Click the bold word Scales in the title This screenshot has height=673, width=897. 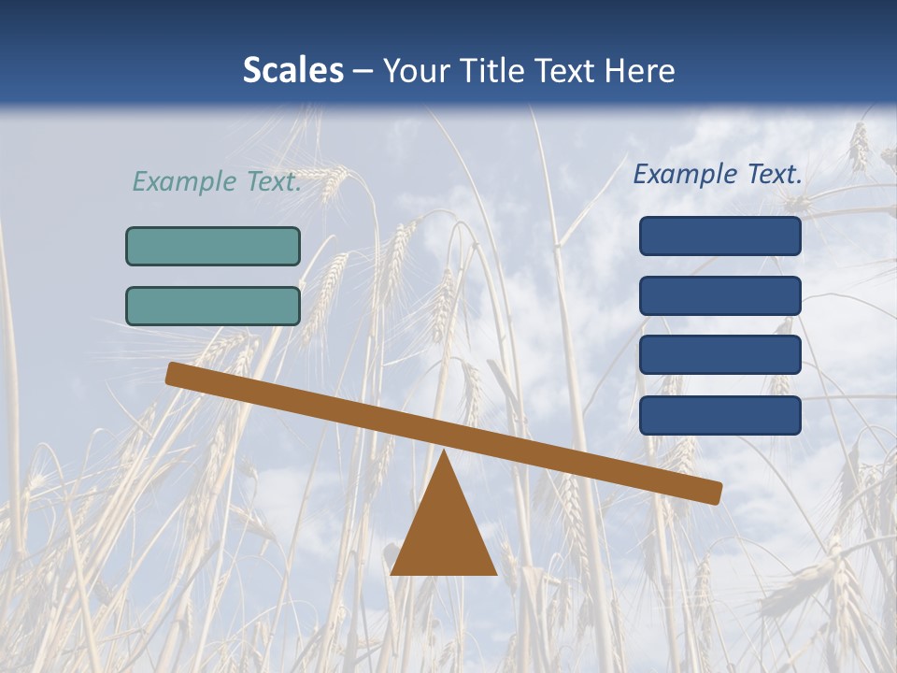[292, 70]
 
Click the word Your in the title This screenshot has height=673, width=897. [419, 70]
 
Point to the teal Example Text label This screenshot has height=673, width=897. [217, 181]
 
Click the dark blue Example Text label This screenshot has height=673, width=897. [718, 174]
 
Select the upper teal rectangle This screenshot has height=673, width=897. [213, 246]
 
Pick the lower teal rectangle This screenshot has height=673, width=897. [213, 306]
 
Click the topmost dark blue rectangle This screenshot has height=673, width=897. [719, 236]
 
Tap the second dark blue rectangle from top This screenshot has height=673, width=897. [719, 295]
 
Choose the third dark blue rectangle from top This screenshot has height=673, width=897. [719, 355]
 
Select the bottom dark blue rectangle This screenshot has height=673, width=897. [719, 415]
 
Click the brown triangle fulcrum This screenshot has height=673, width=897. [444, 533]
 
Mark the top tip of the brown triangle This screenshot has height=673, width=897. [445, 454]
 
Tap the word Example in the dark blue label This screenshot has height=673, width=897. [686, 174]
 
